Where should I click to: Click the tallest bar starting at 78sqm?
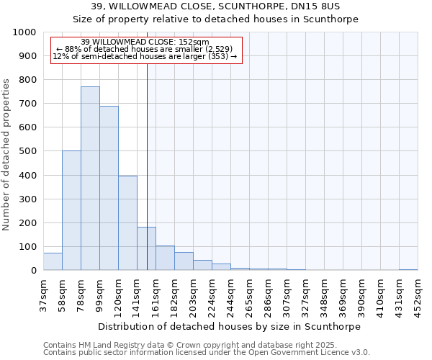click(90, 179)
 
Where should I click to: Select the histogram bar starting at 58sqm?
click(71, 210)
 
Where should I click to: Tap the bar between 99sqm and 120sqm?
click(109, 188)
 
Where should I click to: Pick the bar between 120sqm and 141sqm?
click(127, 223)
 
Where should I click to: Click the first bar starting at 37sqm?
click(53, 262)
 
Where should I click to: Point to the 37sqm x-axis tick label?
click(43, 296)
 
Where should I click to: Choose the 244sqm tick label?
click(230, 296)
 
